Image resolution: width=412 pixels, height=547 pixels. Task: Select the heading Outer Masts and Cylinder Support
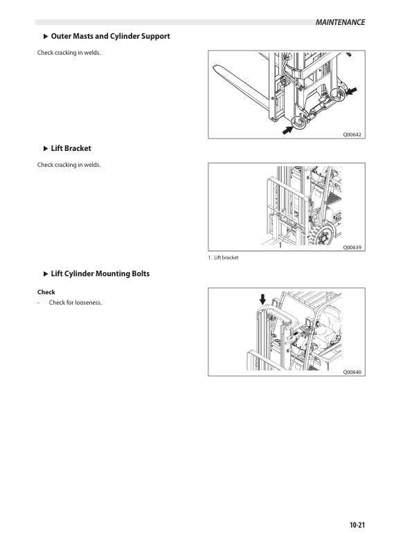click(111, 36)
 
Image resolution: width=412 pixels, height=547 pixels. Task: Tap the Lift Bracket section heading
click(71, 148)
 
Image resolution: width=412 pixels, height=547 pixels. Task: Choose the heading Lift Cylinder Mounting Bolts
click(100, 274)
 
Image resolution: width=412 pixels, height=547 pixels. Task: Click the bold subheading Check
click(46, 292)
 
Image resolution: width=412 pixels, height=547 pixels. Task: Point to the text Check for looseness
click(75, 303)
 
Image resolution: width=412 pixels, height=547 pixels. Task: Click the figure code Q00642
click(352, 134)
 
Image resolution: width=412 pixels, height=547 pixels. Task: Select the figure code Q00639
click(352, 246)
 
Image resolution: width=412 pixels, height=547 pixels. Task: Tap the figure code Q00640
click(352, 372)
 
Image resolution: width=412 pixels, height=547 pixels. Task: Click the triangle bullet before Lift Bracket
click(46, 148)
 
